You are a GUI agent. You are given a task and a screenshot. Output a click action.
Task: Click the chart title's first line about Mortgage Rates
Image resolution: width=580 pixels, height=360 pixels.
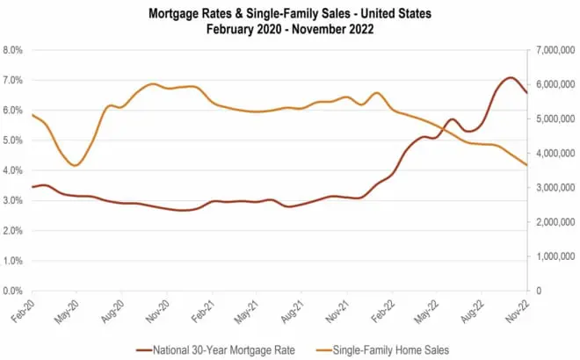click(x=289, y=13)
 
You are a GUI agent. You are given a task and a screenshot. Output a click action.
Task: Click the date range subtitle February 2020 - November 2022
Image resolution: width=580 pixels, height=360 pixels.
click(x=289, y=28)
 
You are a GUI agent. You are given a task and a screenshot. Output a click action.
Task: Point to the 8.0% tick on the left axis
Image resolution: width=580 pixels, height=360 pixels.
click(x=14, y=50)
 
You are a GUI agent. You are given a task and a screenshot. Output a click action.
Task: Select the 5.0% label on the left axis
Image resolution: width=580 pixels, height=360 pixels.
click(x=14, y=140)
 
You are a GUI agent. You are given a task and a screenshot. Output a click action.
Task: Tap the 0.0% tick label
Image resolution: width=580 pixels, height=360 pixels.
click(x=14, y=291)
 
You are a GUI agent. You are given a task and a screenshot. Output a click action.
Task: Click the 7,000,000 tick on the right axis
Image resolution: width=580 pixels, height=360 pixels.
click(x=554, y=50)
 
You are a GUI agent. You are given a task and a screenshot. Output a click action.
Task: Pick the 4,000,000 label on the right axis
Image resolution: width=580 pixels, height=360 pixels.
click(x=554, y=154)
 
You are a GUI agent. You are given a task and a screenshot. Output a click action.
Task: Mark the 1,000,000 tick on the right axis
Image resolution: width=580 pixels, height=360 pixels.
click(x=554, y=256)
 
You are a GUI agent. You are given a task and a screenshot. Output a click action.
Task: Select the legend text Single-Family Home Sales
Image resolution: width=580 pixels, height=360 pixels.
click(x=394, y=349)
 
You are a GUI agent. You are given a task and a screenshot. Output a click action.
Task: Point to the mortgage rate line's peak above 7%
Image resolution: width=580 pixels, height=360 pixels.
click(x=511, y=77)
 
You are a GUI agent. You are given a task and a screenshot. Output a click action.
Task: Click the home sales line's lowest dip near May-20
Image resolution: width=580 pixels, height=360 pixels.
click(x=76, y=165)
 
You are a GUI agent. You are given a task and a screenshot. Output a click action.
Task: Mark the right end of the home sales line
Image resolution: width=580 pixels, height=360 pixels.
click(x=526, y=165)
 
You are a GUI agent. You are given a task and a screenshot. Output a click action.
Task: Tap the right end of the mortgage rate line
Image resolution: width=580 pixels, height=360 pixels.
click(x=526, y=92)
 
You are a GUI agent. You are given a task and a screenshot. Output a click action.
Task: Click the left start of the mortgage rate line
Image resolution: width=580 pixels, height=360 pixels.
click(x=33, y=187)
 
